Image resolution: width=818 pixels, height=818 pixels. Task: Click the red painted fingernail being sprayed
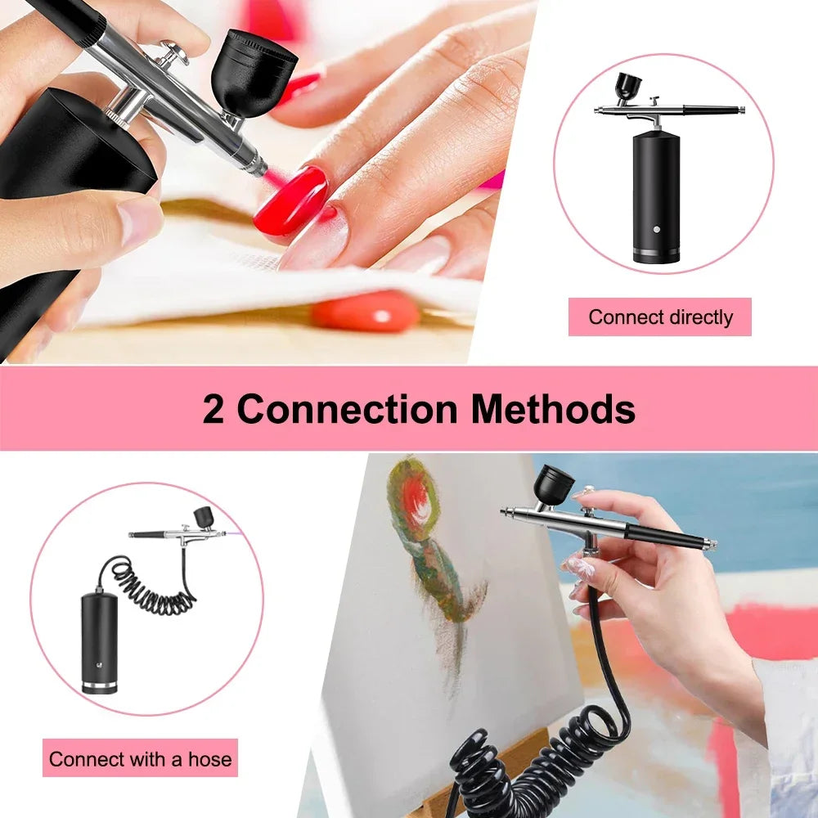tap(291, 200)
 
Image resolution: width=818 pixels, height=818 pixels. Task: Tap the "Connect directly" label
tap(660, 317)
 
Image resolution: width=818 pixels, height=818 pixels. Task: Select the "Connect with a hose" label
tap(140, 759)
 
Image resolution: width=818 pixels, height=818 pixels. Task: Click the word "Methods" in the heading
tap(552, 408)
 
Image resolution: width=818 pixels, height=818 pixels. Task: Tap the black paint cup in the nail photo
tap(254, 70)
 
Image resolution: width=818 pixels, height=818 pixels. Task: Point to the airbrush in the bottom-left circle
tap(176, 532)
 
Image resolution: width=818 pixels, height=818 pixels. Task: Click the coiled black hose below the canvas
tap(524, 753)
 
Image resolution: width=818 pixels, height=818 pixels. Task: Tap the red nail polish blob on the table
tap(366, 312)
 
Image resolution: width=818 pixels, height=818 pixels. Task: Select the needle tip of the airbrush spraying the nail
tap(262, 171)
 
